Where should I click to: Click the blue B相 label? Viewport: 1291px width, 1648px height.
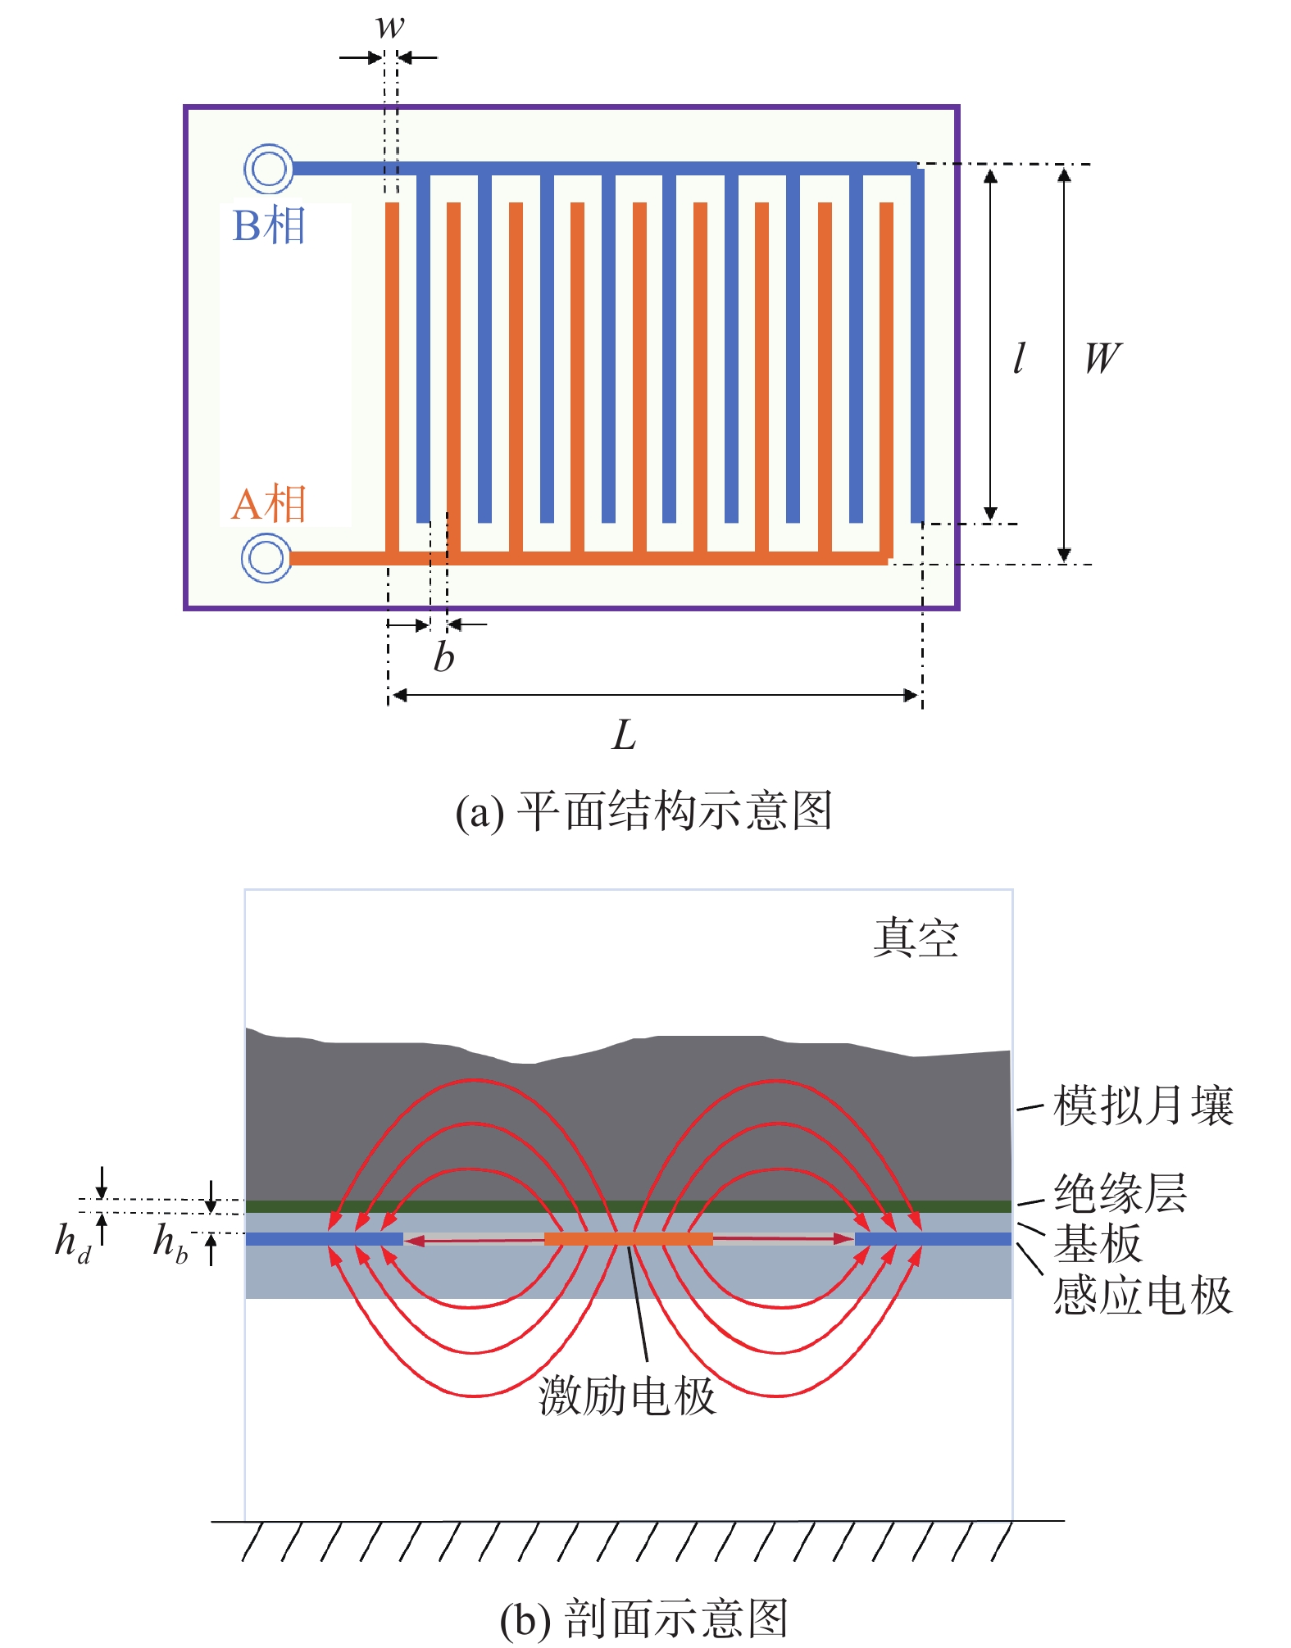coord(269,225)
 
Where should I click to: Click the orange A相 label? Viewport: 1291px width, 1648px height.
coord(269,503)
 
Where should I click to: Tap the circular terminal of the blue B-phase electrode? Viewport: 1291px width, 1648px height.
coord(268,169)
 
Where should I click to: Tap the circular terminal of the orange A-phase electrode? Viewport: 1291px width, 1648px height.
coord(266,558)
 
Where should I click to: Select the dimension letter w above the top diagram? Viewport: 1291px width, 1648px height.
coord(390,26)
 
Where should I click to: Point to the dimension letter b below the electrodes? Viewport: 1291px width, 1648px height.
coord(443,656)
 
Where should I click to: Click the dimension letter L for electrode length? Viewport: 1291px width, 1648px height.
coord(624,735)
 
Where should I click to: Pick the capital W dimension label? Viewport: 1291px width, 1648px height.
coord(1102,358)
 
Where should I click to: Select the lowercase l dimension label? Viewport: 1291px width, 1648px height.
coord(1019,358)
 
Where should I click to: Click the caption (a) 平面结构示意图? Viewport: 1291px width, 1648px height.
coord(644,811)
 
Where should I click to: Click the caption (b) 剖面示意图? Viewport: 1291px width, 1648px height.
coord(644,1619)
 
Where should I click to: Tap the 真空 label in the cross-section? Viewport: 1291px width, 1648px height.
coord(916,937)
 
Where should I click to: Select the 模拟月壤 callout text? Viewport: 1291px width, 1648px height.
coord(1143,1105)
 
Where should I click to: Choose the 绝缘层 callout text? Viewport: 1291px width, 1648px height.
coord(1121,1192)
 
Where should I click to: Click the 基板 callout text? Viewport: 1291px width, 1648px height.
coord(1098,1243)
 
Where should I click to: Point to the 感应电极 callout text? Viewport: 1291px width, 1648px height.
coord(1143,1296)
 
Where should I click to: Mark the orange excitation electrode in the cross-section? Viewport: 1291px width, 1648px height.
coord(629,1238)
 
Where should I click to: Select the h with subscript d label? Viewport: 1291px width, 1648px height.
coord(73,1242)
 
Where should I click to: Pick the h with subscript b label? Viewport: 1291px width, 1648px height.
coord(170,1242)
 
